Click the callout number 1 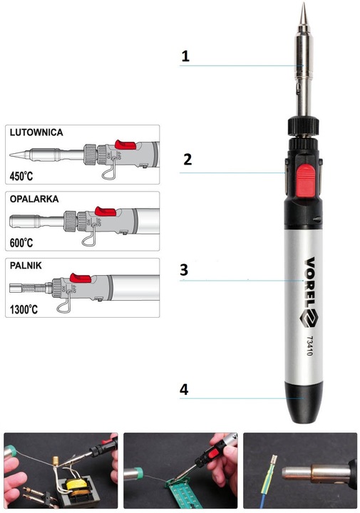tap(185, 56)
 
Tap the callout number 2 tap(187, 159)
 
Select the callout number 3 tap(184, 270)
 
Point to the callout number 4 tap(184, 390)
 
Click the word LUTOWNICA tap(36, 133)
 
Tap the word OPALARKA tap(34, 199)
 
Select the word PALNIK tap(26, 265)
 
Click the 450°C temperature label tap(21, 177)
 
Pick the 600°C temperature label tap(21, 243)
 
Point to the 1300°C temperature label tap(24, 309)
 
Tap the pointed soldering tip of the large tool tap(304, 13)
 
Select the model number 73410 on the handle tap(309, 346)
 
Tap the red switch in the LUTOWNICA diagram tap(125, 145)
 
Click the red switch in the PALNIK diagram tap(81, 277)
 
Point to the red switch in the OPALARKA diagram tap(106, 211)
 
